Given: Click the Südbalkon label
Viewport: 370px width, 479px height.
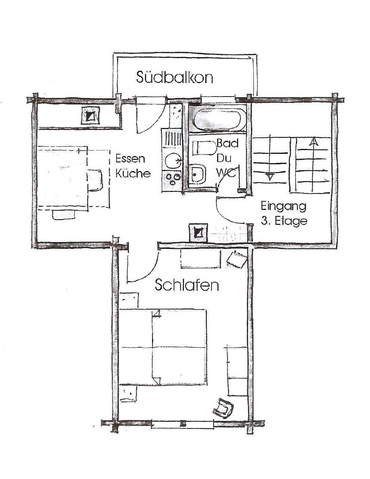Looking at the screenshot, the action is coord(175,77).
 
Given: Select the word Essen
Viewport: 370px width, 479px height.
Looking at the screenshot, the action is coord(130,159).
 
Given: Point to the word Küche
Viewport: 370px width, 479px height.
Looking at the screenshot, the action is coord(133,173).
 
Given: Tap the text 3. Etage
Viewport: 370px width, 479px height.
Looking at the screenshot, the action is coord(284,221).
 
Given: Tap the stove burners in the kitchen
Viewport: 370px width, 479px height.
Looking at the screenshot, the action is coord(172,179).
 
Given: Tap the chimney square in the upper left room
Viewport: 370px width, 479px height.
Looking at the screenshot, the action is coord(90,115).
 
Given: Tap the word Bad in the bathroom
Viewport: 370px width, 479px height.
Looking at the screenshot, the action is coord(227,143).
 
